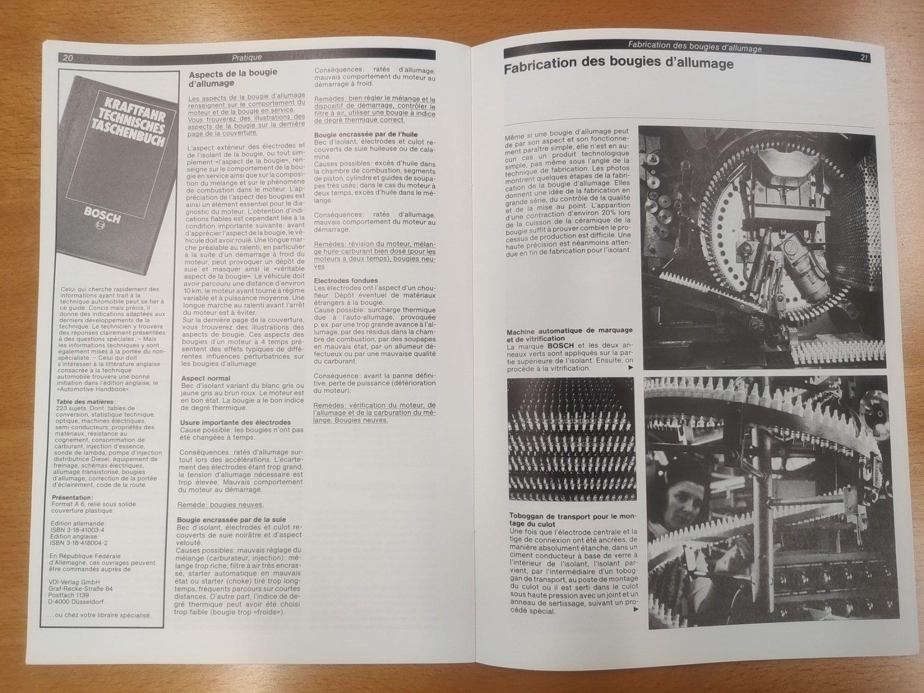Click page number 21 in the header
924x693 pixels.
coord(864,57)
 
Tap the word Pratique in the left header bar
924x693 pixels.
coord(246,57)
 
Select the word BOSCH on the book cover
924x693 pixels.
coord(102,216)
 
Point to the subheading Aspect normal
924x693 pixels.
coord(206,378)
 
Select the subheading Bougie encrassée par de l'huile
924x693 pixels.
coord(366,134)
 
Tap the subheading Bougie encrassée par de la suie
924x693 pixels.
coord(232,519)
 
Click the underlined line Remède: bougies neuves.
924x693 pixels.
coord(221,505)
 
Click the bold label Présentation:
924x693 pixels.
coord(73,497)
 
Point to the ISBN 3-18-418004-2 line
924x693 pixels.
coord(79,543)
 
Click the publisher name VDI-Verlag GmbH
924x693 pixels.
coord(74,582)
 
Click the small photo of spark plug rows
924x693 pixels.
coord(571,439)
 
